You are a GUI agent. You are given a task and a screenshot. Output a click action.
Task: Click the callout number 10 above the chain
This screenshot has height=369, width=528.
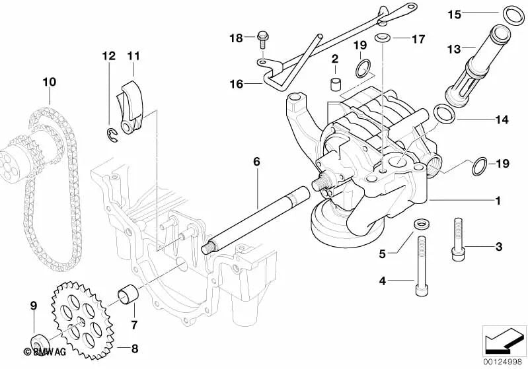[x=49, y=83]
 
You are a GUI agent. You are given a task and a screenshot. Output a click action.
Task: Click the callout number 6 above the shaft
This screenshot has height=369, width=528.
[x=256, y=161]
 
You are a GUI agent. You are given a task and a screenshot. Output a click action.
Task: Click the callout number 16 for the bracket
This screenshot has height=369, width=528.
[x=236, y=84]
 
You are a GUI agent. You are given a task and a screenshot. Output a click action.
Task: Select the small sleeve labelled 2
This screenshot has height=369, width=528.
[x=335, y=84]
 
